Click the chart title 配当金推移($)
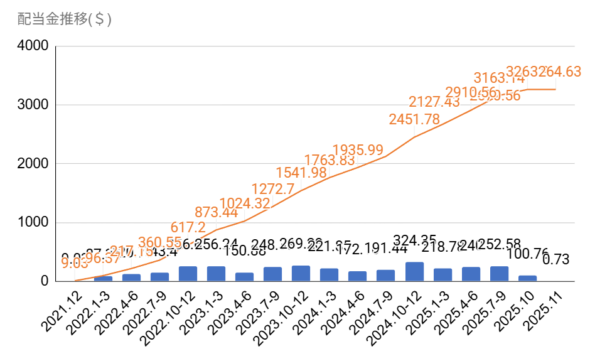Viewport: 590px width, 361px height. (65, 19)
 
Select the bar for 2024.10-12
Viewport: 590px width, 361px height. (414, 272)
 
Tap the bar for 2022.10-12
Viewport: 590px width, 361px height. (188, 274)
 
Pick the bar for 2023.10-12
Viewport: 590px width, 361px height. (301, 274)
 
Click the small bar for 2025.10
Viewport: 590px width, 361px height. (527, 278)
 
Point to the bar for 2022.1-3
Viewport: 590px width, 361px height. (103, 279)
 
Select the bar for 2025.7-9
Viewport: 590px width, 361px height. (499, 274)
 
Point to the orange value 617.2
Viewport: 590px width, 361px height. (188, 227)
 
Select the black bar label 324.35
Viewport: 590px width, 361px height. (416, 239)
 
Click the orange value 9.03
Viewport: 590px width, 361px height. (75, 262)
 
